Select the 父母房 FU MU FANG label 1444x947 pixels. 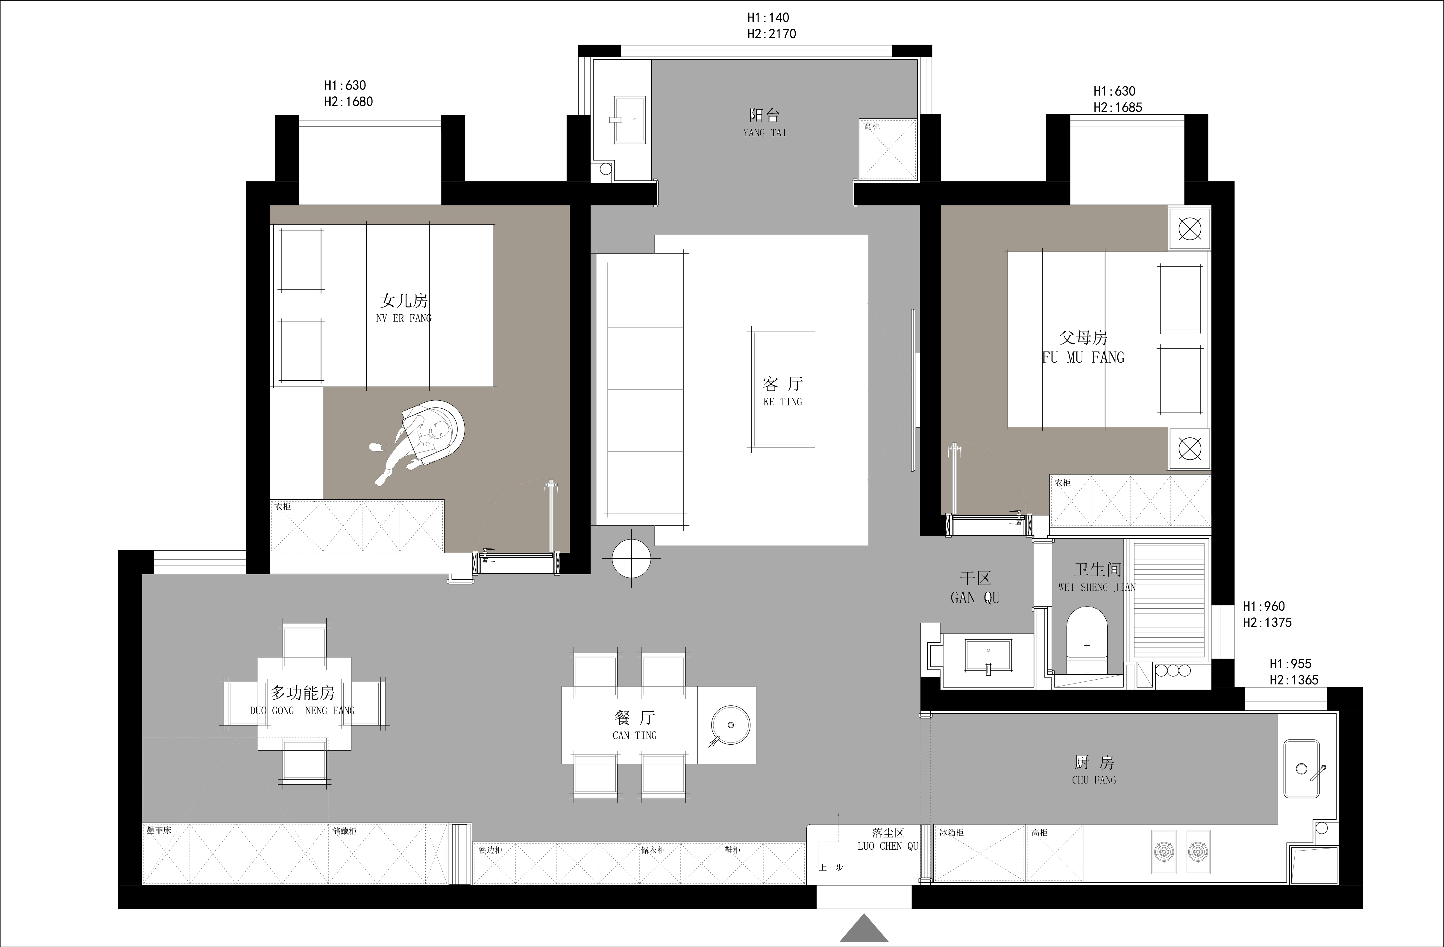tap(1083, 347)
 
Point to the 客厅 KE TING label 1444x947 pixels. tap(783, 391)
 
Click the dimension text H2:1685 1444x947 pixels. tap(1118, 107)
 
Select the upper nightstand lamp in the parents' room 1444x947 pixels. tap(1190, 229)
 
